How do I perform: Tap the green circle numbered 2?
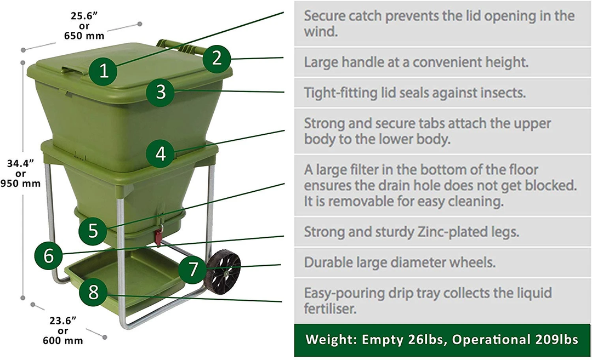point(217,58)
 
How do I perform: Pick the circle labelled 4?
point(160,153)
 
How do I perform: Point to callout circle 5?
point(93,231)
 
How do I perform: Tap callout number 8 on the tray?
point(93,292)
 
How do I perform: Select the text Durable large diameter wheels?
point(400,262)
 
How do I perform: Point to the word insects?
point(499,92)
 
